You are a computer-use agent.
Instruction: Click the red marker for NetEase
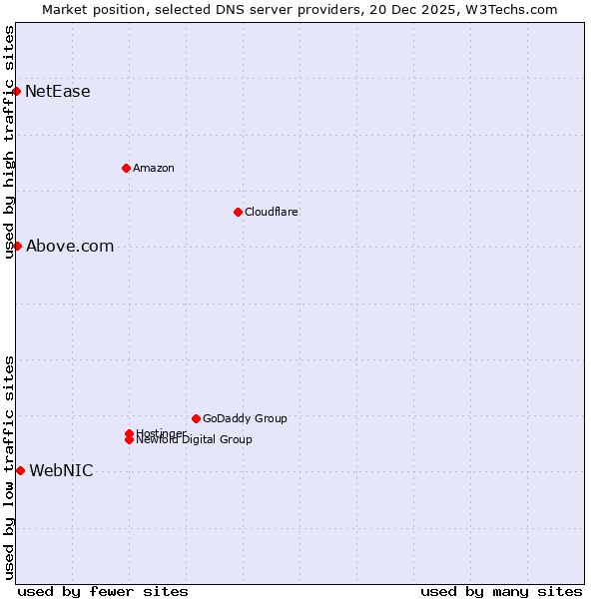(17, 91)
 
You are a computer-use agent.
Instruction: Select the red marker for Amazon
(126, 168)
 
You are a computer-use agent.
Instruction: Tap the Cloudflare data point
(238, 212)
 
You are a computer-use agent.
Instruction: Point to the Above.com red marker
(17, 246)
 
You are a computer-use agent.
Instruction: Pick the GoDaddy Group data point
(196, 418)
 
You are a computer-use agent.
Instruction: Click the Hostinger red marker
(129, 433)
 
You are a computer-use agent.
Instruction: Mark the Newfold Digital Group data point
(129, 440)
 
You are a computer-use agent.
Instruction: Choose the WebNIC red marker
(20, 470)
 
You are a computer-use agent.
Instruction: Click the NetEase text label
(58, 92)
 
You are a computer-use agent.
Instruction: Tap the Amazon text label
(153, 168)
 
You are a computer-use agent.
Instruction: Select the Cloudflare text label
(271, 212)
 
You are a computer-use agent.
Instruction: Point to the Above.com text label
(70, 247)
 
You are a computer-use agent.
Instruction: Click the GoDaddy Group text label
(245, 418)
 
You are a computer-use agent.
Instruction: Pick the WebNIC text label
(61, 471)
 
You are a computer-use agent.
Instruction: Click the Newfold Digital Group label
(195, 440)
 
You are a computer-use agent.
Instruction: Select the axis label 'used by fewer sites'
(103, 591)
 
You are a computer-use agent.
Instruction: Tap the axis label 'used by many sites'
(501, 591)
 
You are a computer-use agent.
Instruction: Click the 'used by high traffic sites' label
(9, 142)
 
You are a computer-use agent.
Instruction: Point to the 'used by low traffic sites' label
(9, 466)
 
